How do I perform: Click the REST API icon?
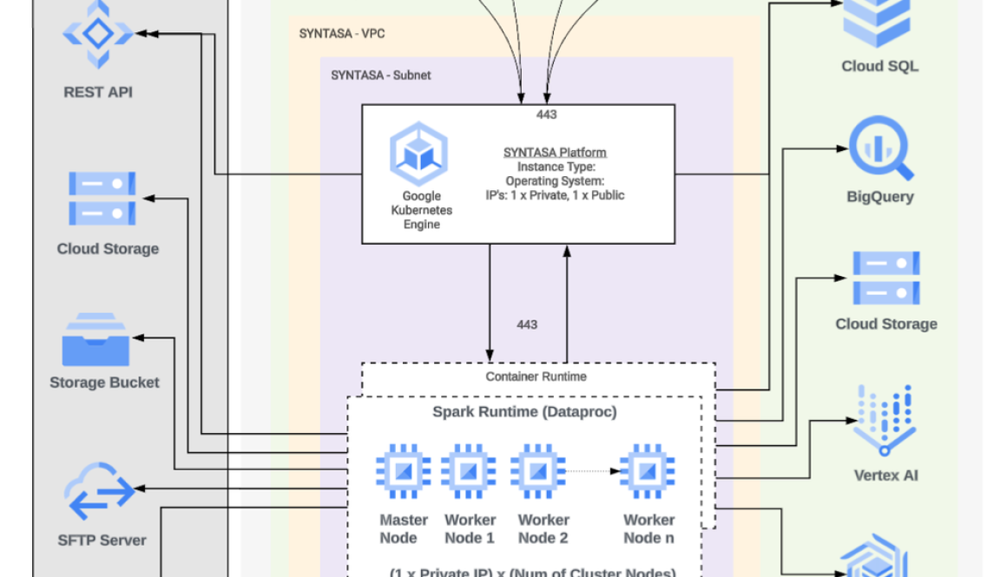pos(98,34)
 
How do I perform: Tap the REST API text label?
pos(98,92)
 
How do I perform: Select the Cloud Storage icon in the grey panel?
pos(102,199)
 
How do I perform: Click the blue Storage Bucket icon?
pos(95,340)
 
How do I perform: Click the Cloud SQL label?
pos(879,66)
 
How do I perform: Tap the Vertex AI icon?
pos(885,420)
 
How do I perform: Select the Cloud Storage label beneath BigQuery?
pos(885,324)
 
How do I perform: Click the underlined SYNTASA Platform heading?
pos(555,153)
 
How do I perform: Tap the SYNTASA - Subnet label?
pos(380,75)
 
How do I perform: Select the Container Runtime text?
pos(536,377)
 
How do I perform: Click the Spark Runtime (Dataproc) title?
pos(524,412)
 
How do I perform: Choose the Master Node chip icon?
pos(403,471)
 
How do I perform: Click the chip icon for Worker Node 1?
pos(469,471)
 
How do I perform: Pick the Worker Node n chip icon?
pos(647,471)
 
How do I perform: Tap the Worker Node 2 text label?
pos(543,528)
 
